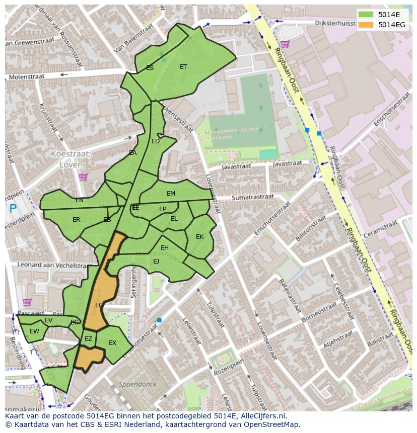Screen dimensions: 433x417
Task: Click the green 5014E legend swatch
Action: pos(366,14)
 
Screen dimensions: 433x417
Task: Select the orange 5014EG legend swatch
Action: pos(366,25)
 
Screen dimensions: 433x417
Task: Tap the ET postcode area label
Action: pos(183,66)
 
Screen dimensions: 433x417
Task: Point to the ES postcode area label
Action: pos(150,67)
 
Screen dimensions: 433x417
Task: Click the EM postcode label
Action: pos(171,194)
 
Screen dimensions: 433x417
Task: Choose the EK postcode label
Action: pos(199,236)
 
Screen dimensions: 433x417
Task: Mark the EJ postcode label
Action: pos(156,261)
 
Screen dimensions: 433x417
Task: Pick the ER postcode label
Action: pos(77,220)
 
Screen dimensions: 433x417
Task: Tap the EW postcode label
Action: pos(34,331)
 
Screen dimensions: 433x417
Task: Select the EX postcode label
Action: pos(112,343)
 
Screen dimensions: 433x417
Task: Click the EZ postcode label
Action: pos(88,339)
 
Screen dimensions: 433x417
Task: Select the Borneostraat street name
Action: pos(318,313)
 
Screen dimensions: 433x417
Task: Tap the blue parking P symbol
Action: pos(13,208)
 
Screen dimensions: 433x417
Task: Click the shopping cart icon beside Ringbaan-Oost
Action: pos(285,44)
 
